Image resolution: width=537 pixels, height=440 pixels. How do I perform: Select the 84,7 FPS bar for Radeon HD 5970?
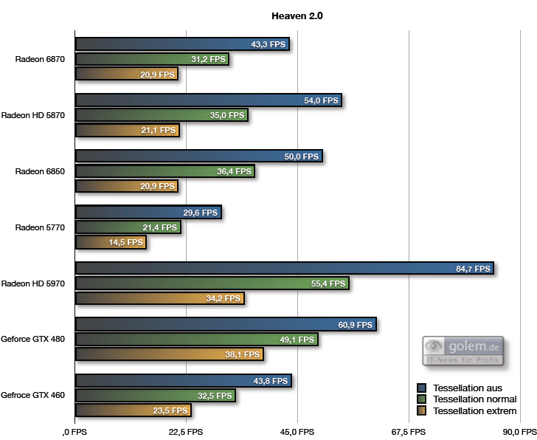pyautogui.click(x=284, y=269)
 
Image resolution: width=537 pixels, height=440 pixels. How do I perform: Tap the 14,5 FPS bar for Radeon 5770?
pyautogui.click(x=111, y=242)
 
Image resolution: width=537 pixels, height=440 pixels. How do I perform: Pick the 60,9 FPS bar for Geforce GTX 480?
pyautogui.click(x=226, y=325)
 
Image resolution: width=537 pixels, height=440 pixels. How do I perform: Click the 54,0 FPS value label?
pyautogui.click(x=321, y=100)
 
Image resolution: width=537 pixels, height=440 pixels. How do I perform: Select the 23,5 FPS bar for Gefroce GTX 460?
pyautogui.click(x=134, y=410)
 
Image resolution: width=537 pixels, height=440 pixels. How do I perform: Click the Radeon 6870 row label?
pyautogui.click(x=40, y=59)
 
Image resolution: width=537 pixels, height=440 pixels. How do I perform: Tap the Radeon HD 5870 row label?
pyautogui.click(x=33, y=115)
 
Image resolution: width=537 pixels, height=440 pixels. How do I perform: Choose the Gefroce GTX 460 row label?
pyautogui.click(x=33, y=395)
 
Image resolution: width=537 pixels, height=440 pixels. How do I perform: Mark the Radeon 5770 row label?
pyautogui.click(x=40, y=227)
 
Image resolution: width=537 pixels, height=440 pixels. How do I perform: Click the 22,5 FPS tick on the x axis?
pyautogui.click(x=186, y=432)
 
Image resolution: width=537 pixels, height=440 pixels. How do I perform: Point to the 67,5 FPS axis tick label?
pyautogui.click(x=408, y=432)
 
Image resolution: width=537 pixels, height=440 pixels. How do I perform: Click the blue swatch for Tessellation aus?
pyautogui.click(x=422, y=388)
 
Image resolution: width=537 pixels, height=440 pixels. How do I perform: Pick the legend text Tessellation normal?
pyautogui.click(x=475, y=399)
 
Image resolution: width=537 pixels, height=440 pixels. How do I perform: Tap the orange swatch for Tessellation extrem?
pyautogui.click(x=422, y=411)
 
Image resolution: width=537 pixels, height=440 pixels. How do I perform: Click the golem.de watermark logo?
pyautogui.click(x=462, y=351)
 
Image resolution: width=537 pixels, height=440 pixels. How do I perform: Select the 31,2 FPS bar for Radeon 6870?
pyautogui.click(x=152, y=59)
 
